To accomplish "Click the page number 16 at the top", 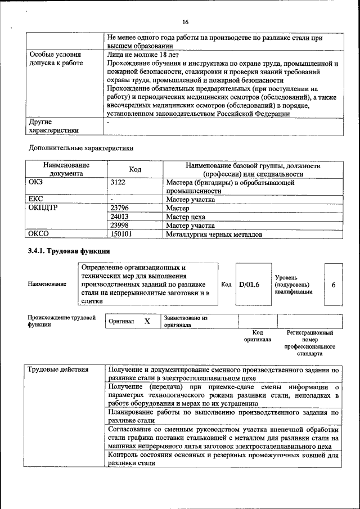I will point(184,22).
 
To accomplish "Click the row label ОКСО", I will point(39,234).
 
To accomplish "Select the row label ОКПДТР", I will point(43,208).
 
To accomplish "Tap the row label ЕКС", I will point(35,199).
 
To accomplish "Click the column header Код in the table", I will point(135,170).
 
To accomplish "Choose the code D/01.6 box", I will point(249,285).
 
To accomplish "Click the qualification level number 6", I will point(334,285).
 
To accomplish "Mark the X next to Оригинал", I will point(147,321).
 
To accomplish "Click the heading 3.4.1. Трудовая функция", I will point(69,251).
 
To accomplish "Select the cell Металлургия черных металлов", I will point(214,234).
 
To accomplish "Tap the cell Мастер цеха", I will point(186,217).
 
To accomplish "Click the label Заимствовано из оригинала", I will point(186,322).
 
